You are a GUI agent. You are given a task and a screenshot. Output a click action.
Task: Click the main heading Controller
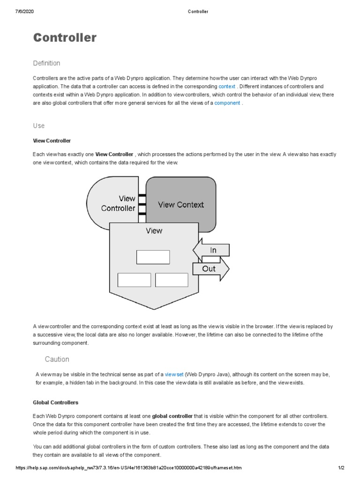coord(65,38)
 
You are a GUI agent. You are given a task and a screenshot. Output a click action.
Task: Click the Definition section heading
coord(46,63)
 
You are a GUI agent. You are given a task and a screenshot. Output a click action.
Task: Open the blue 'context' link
coord(227,87)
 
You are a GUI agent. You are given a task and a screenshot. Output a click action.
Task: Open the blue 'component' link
coord(227,103)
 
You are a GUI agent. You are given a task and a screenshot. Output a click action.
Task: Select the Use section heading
coord(39,126)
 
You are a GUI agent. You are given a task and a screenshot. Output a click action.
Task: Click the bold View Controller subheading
coord(52,140)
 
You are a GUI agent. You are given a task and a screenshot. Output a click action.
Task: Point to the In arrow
coord(211,250)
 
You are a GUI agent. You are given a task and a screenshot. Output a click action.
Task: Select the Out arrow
coord(210,269)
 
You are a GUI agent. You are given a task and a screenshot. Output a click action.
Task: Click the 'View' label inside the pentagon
coord(154,231)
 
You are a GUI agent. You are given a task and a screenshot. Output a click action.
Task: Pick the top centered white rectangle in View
coord(153,257)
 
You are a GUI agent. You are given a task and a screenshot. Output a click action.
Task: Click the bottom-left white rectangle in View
coord(134,280)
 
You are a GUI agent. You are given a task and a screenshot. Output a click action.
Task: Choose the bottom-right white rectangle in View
coord(172,280)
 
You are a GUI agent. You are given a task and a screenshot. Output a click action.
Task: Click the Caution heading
coord(57,359)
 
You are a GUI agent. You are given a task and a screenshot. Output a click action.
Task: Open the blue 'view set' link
coord(174,374)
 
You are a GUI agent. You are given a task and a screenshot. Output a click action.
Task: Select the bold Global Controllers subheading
coord(55,402)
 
